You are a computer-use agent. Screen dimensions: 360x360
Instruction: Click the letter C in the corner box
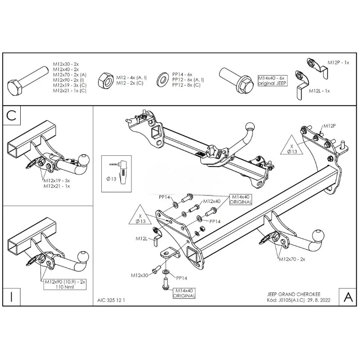[12, 117]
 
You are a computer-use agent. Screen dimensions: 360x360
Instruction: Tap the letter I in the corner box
[12, 297]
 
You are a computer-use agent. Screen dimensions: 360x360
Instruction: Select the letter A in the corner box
[348, 297]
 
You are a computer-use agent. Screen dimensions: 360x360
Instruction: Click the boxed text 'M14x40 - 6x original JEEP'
[272, 81]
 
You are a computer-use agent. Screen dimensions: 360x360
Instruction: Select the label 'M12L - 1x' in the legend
[319, 91]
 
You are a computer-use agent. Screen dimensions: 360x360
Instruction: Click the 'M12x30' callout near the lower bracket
[140, 274]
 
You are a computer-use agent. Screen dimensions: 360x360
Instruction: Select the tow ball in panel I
[82, 256]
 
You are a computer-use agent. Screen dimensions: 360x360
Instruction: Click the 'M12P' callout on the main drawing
[329, 126]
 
